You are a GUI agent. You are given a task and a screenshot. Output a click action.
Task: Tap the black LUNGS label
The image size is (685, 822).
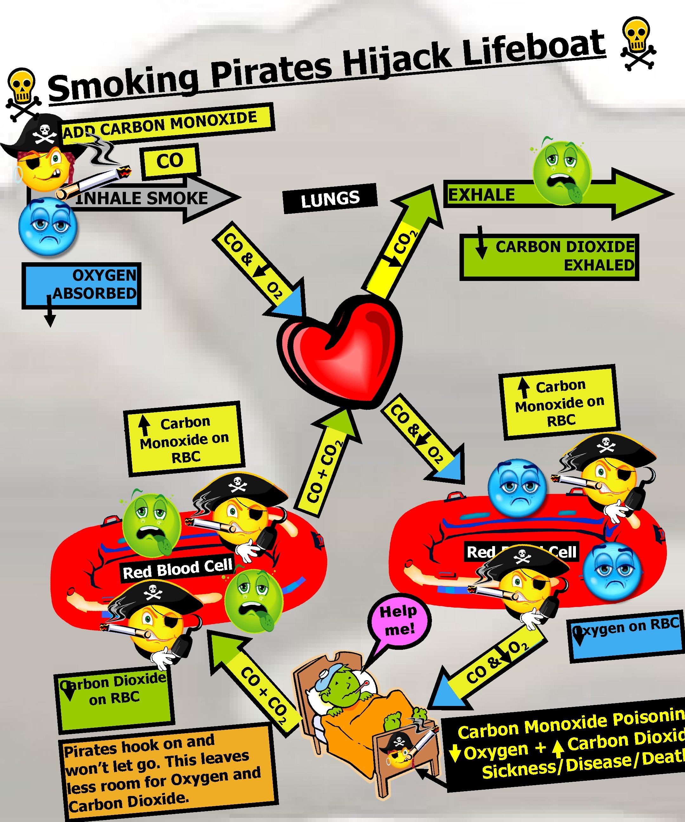(x=330, y=199)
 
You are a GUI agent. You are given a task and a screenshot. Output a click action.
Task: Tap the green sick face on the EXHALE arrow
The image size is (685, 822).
(x=562, y=172)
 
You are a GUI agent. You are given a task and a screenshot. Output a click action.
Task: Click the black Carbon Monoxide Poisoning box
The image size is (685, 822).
(x=568, y=746)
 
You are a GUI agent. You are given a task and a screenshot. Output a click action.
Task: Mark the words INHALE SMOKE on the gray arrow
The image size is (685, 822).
(x=142, y=199)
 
